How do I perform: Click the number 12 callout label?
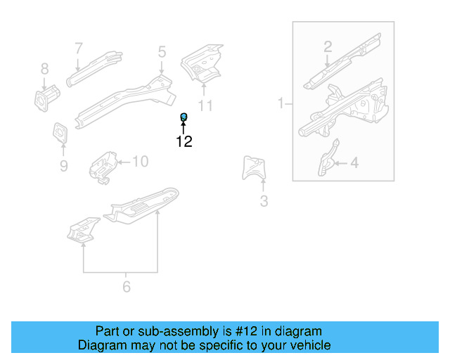184,141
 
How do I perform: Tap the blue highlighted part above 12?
184,116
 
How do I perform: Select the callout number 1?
281,104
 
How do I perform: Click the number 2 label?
328,47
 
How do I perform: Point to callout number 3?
264,202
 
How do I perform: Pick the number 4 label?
354,163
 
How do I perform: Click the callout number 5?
162,51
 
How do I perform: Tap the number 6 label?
127,286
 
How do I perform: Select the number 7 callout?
79,49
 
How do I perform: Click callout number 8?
44,69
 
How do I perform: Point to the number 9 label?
63,166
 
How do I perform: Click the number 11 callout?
205,105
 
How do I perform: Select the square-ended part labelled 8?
46,98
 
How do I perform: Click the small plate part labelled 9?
59,133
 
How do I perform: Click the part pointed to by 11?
202,62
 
